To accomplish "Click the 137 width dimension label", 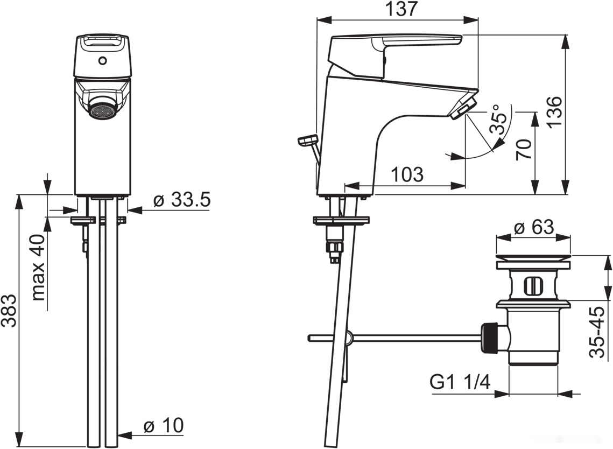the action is click(x=401, y=9).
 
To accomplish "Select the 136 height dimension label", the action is click(x=554, y=111).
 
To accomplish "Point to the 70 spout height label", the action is click(x=524, y=149).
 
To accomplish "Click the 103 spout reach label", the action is click(x=407, y=174).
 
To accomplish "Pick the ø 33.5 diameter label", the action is click(x=182, y=200).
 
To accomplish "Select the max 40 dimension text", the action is click(x=38, y=267).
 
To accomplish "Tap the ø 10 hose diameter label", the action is click(x=164, y=425).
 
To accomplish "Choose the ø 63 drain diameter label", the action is click(x=534, y=227).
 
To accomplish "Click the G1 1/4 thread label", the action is click(x=460, y=382).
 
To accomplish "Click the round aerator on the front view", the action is click(x=102, y=111).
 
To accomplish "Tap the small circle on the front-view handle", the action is click(x=102, y=61).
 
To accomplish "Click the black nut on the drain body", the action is click(x=490, y=338).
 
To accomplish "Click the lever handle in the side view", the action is click(x=396, y=57).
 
